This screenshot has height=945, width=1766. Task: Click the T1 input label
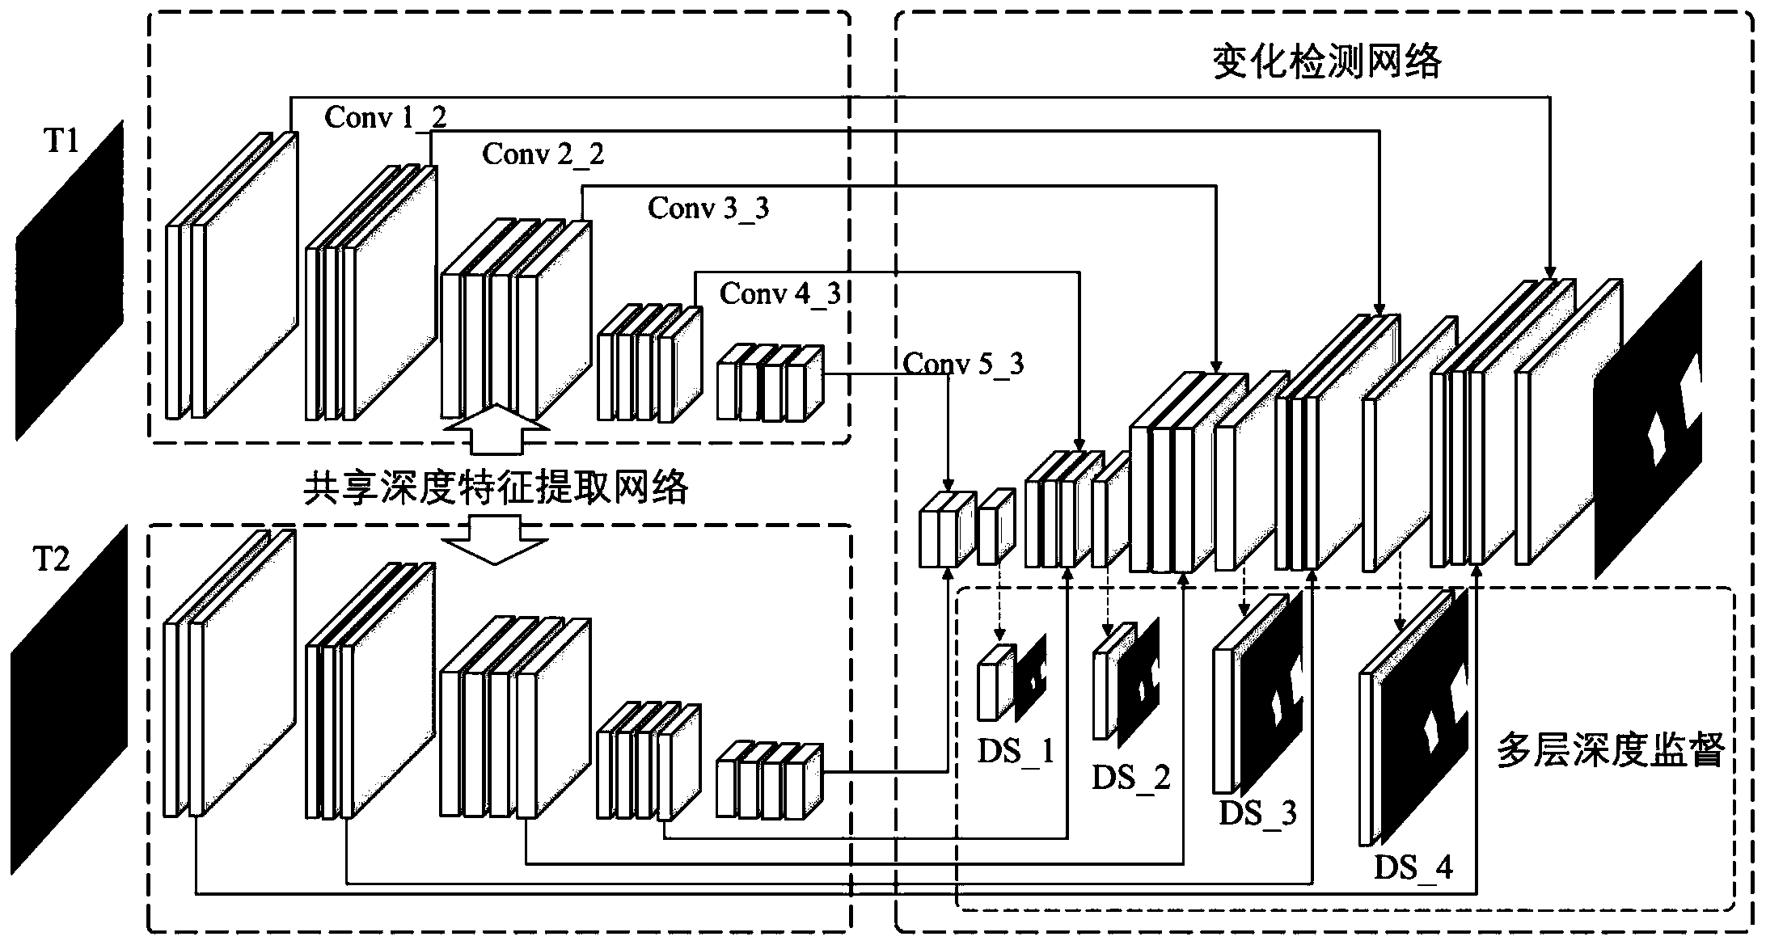click(60, 142)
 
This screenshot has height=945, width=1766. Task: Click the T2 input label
click(52, 559)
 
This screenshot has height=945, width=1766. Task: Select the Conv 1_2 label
click(385, 118)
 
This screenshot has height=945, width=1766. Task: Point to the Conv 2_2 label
click(543, 154)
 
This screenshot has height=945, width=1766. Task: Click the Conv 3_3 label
click(708, 209)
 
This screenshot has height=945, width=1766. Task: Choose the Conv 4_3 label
click(780, 293)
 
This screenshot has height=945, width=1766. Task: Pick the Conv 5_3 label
click(963, 364)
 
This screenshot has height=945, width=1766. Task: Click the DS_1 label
click(1016, 752)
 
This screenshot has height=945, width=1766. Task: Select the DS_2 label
click(1131, 778)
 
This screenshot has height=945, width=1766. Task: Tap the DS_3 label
click(1257, 812)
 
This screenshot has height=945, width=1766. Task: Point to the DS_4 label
click(1413, 867)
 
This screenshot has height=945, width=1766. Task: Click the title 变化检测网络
click(1327, 62)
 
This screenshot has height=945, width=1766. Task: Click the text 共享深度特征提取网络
click(496, 488)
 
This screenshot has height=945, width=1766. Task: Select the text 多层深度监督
click(1612, 751)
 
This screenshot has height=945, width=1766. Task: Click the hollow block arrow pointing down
click(495, 539)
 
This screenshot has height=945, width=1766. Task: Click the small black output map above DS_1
click(1031, 676)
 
